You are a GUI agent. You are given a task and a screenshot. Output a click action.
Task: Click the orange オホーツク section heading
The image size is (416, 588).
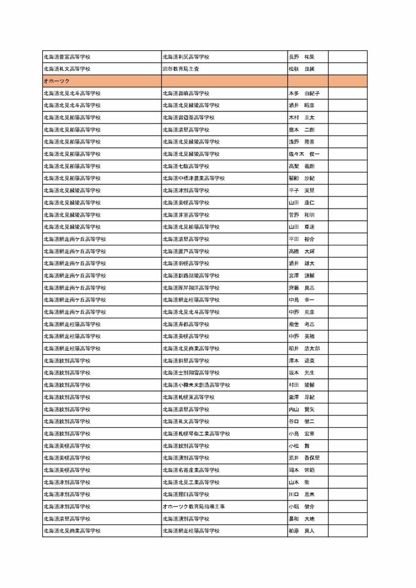tap(56, 81)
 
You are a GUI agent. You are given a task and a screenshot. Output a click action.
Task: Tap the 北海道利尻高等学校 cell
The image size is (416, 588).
tap(186, 57)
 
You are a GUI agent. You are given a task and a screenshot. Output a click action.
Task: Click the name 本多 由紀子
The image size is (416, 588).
tap(303, 93)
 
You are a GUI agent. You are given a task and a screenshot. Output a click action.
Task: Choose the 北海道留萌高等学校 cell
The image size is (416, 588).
tap(186, 93)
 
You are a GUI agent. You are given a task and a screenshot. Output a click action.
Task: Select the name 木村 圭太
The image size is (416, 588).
tap(301, 117)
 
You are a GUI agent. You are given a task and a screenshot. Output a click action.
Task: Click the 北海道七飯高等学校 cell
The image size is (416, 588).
tap(186, 166)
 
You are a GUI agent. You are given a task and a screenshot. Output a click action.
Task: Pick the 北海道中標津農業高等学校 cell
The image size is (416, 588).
tap(193, 178)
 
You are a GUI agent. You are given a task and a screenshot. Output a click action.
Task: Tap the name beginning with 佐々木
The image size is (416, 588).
tap(303, 154)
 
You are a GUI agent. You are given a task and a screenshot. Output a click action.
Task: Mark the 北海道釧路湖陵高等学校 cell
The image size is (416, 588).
tap(191, 275)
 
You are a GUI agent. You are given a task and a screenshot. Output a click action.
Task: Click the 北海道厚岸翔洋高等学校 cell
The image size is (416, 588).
tap(191, 288)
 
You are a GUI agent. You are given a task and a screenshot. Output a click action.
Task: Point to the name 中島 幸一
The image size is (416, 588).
tap(301, 300)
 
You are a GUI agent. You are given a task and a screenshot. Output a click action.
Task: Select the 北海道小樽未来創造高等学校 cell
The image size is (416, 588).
tap(196, 385)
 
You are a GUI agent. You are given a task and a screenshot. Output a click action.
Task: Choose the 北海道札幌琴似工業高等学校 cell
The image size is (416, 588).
tap(196, 433)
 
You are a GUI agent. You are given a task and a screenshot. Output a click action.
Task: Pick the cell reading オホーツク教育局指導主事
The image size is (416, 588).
tap(193, 506)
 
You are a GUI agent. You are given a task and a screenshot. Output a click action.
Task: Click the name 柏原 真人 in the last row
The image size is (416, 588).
tap(301, 530)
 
